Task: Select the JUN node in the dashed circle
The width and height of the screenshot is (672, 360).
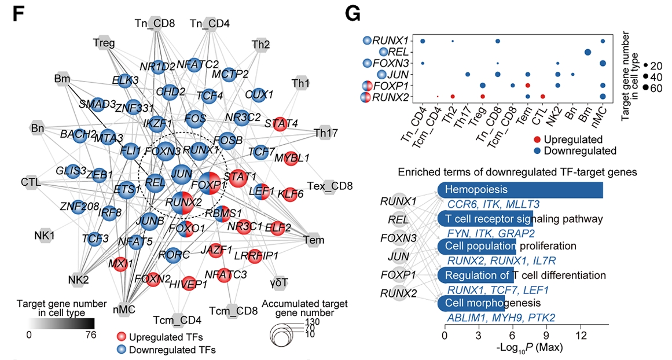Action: [x=182, y=174]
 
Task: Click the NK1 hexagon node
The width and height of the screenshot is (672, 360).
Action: [x=45, y=236]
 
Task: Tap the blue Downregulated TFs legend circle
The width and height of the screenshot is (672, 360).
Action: [x=121, y=349]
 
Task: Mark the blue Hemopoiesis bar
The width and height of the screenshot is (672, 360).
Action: [x=520, y=190]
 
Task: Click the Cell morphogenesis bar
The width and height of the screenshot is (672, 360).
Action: [x=471, y=303]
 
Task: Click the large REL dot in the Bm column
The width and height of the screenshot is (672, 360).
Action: [x=587, y=52]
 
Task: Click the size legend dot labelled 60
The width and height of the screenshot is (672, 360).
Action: [x=640, y=87]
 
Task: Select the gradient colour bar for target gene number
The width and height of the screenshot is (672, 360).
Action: [x=61, y=323]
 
